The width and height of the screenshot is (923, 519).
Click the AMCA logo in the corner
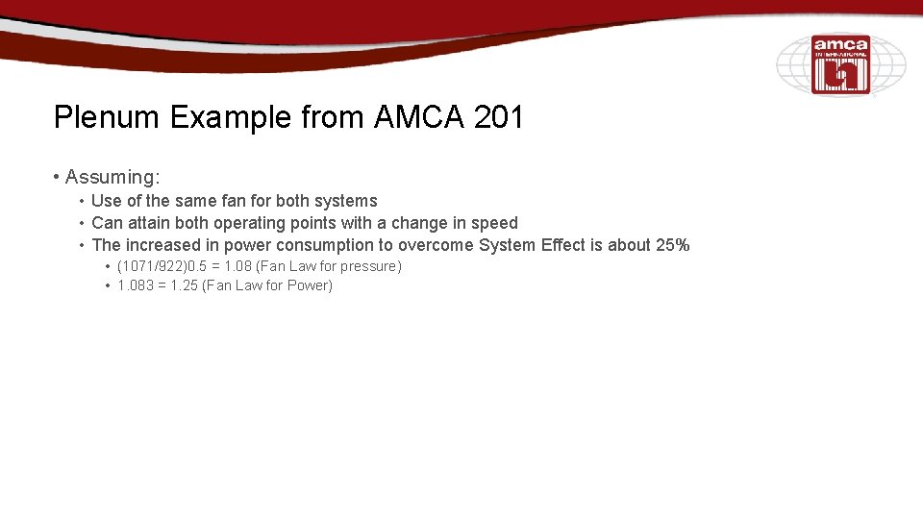[x=840, y=64]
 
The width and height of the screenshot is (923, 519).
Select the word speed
[x=495, y=223]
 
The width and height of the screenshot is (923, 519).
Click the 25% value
[x=673, y=245]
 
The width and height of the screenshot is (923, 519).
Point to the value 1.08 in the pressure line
[x=236, y=266]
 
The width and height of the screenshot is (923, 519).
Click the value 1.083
[x=135, y=285]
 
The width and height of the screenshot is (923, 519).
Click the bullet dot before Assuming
[x=58, y=178]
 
